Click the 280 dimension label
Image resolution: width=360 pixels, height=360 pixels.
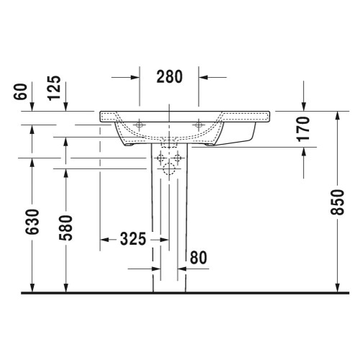[168, 76]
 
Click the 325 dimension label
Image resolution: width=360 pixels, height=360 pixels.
[132, 238]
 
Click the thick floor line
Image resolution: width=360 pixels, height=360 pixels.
[180, 293]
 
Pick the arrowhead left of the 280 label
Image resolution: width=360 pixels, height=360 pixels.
[134, 76]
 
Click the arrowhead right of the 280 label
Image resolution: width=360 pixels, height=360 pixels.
[203, 76]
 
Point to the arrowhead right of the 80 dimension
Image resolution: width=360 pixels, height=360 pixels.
[182, 269]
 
